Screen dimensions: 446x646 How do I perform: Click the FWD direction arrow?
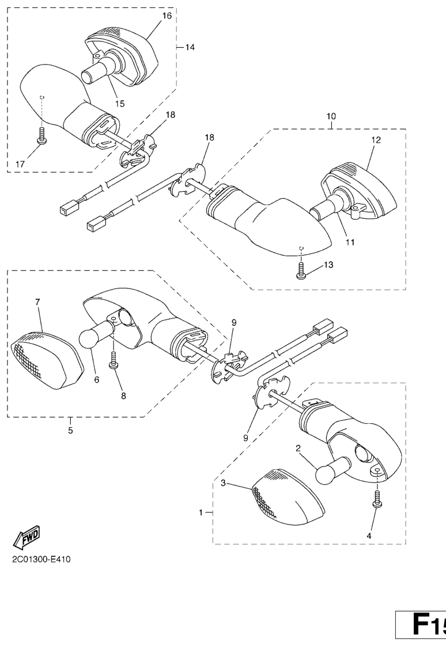tap(27, 538)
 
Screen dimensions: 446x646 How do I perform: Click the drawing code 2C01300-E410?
tap(39, 560)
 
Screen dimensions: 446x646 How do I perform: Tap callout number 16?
tap(167, 16)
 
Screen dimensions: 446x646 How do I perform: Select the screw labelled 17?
tap(41, 135)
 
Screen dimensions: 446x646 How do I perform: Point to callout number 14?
tap(190, 47)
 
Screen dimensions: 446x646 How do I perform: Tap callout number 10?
tap(331, 116)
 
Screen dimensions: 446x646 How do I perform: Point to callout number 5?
tap(70, 431)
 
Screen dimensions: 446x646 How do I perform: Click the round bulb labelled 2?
tap(333, 470)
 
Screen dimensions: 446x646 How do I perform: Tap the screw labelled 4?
tap(377, 499)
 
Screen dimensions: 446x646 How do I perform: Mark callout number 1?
tap(201, 513)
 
